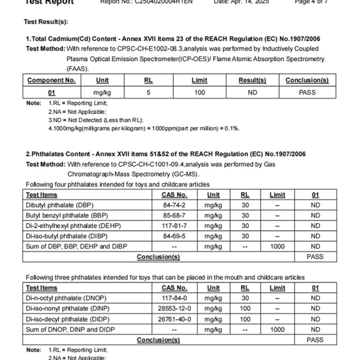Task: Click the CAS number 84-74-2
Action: tap(174, 205)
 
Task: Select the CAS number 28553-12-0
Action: tap(174, 309)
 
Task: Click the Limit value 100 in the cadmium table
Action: tap(199, 93)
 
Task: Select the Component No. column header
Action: tap(52, 81)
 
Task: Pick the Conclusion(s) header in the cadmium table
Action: tap(307, 81)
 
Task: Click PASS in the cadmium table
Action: tap(307, 93)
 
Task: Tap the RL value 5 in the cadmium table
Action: tap(148, 93)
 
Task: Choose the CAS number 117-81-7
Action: tap(174, 226)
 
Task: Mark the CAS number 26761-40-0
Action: tap(174, 319)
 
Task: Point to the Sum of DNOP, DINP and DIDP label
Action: tap(70, 329)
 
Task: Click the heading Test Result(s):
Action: tap(46, 22)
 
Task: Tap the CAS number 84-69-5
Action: tap(174, 236)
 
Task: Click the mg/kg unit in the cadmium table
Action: tap(102, 93)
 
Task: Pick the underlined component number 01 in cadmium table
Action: tap(52, 93)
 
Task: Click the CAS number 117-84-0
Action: tap(174, 298)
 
